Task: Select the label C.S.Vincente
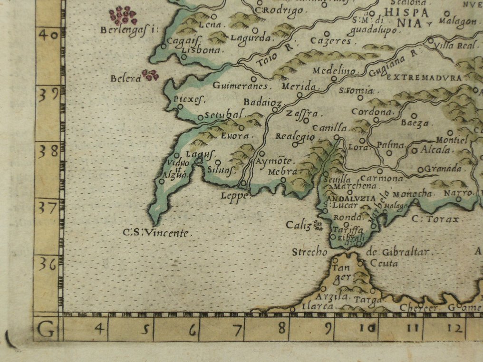156,233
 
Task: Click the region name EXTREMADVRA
424,77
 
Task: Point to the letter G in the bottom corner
46,329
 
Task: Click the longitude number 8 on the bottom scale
282,328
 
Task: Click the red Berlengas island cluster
123,16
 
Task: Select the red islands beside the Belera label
151,75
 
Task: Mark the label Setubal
221,114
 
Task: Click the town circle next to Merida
299,95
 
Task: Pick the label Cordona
372,112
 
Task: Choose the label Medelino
334,71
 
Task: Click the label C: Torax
435,219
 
